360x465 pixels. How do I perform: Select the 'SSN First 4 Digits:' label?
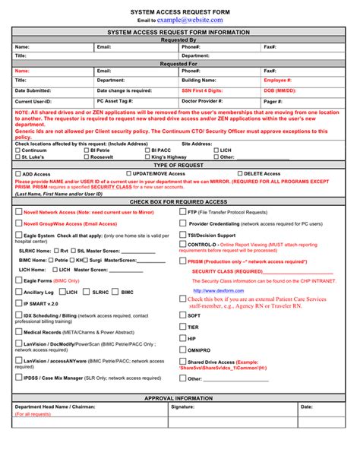point(202,90)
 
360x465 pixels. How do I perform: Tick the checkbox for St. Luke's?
point(17,157)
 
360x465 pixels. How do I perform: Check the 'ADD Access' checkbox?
point(17,174)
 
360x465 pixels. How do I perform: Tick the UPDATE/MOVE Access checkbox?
point(127,174)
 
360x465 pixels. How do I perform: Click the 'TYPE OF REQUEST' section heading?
point(180,165)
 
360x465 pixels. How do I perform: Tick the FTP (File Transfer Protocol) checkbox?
point(183,213)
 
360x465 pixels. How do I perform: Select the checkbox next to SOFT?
point(183,315)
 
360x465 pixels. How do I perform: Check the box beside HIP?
point(183,337)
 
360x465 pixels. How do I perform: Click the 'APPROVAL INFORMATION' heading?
point(180,398)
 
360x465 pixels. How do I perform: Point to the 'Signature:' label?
point(182,407)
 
